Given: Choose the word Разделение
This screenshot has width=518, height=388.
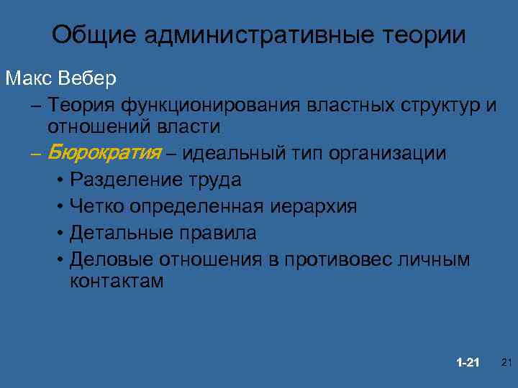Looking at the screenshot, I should click(121, 180).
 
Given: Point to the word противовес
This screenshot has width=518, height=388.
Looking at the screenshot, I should click(338, 259).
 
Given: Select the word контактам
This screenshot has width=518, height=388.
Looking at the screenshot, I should click(117, 280).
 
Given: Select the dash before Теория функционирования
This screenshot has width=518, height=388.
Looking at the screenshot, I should click(37, 106).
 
